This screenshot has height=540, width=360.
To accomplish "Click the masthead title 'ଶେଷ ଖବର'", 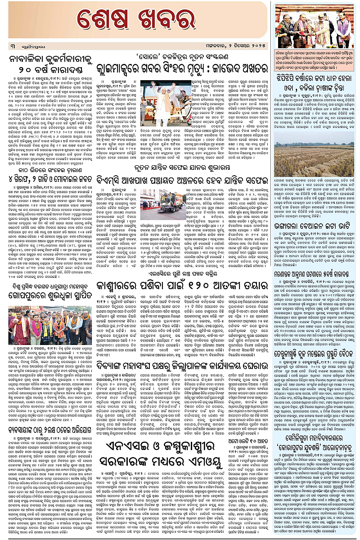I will coord(135,20).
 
